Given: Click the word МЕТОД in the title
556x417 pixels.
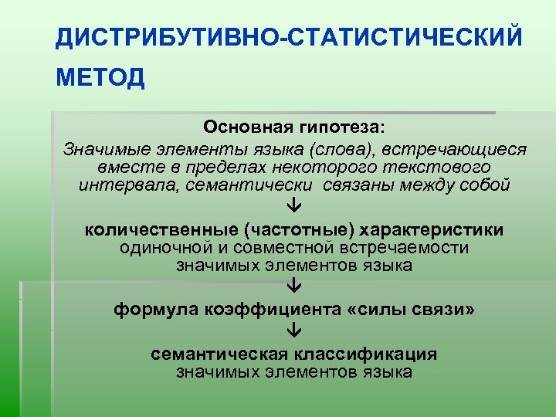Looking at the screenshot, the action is (x=100, y=79).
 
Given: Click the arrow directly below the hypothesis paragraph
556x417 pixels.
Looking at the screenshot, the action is (x=294, y=208).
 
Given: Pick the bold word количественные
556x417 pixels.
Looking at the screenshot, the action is (x=159, y=230).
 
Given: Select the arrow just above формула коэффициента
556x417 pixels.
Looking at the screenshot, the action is (x=294, y=288).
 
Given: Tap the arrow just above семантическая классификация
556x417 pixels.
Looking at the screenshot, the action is (x=294, y=332).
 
